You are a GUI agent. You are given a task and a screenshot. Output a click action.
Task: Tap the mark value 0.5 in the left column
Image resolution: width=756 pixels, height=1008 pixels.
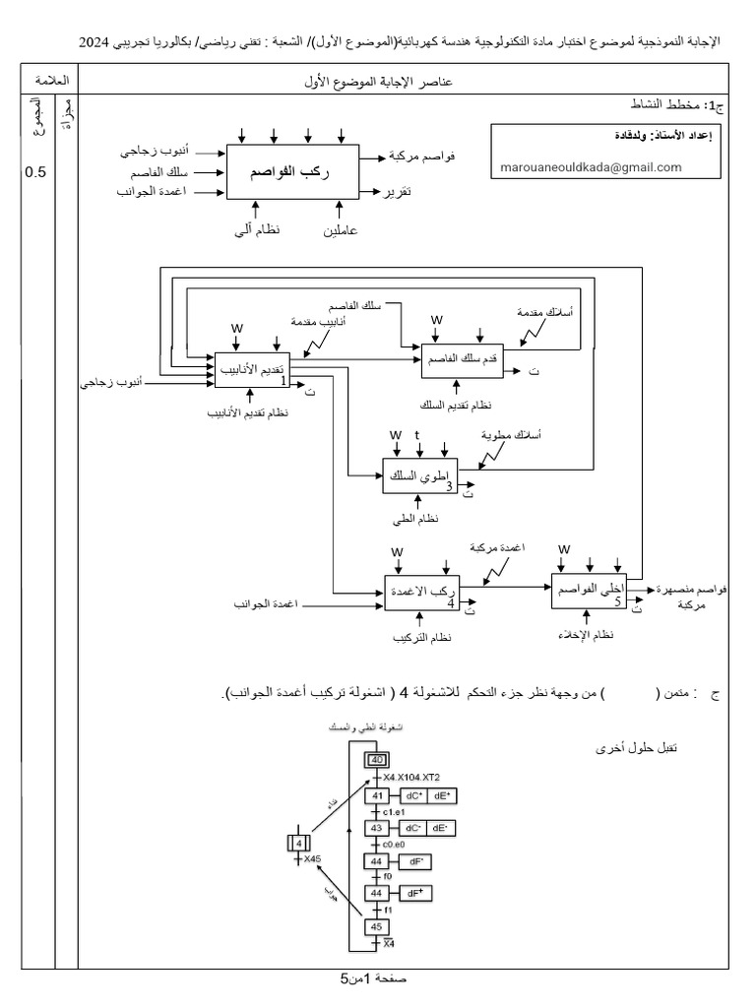coord(34,172)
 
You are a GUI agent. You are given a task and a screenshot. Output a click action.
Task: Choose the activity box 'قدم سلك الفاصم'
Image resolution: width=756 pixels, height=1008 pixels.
coord(461,361)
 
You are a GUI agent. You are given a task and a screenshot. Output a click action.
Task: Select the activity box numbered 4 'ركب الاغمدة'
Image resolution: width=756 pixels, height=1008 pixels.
coord(423,593)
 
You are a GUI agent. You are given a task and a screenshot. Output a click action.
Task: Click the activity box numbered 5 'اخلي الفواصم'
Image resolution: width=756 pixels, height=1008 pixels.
coord(589,590)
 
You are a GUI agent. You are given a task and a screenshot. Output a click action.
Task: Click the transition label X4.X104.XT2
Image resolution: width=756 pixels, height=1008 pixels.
coord(414,778)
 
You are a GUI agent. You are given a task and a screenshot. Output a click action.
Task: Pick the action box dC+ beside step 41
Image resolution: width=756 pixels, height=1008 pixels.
coord(413,795)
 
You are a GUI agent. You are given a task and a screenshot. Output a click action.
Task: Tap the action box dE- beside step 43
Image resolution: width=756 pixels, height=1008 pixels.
coord(444,829)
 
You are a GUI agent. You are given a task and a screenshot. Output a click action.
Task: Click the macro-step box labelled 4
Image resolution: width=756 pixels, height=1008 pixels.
coord(297,843)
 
